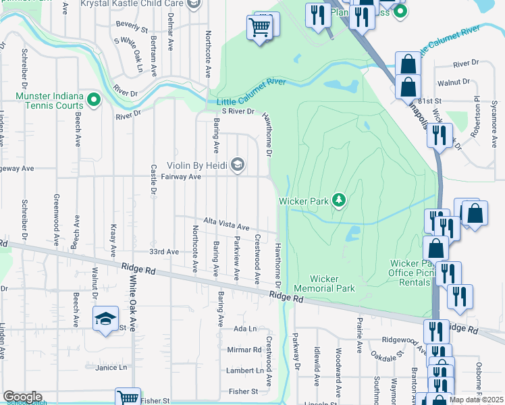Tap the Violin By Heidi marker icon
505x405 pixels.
click(237, 164)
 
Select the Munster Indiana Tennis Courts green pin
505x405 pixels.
click(94, 101)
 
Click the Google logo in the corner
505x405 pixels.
click(22, 397)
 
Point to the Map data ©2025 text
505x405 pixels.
click(476, 400)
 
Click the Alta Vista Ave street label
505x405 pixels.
click(228, 225)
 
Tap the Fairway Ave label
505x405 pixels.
click(182, 177)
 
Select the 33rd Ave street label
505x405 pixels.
click(164, 251)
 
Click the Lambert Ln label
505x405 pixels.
click(245, 371)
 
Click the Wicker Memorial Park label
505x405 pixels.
click(332, 283)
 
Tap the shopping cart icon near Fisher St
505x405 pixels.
click(127, 398)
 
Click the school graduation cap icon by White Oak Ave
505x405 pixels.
click(106, 319)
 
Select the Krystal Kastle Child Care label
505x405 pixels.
click(133, 4)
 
